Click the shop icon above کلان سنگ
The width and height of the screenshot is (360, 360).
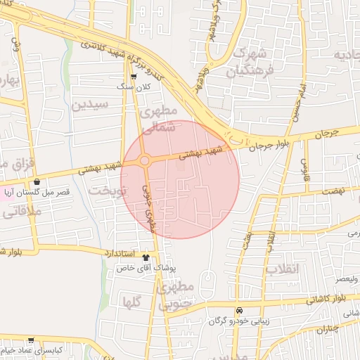point(134,77)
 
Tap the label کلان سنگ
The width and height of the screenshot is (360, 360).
point(134,86)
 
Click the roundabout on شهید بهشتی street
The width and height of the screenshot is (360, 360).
point(144,161)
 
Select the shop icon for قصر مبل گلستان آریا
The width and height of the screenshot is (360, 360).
point(37,181)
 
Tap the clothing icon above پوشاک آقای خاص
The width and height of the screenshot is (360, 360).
point(146,257)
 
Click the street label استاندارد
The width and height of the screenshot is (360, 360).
point(114,252)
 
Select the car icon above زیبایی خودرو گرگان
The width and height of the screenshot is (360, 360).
point(239,311)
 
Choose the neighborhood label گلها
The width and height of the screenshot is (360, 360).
point(133,303)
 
